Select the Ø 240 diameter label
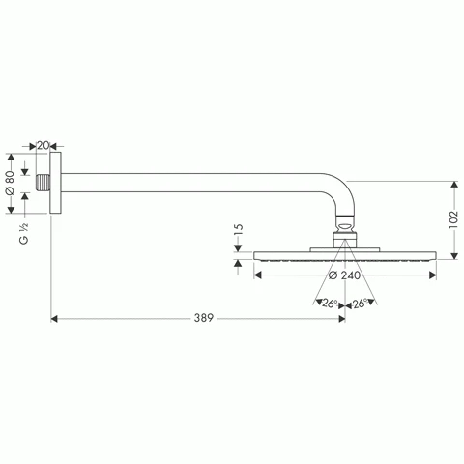tap(344, 275)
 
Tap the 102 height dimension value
tap(452, 218)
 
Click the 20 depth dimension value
tap(43, 146)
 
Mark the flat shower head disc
tap(343, 256)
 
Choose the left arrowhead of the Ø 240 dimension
tap(258, 275)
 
